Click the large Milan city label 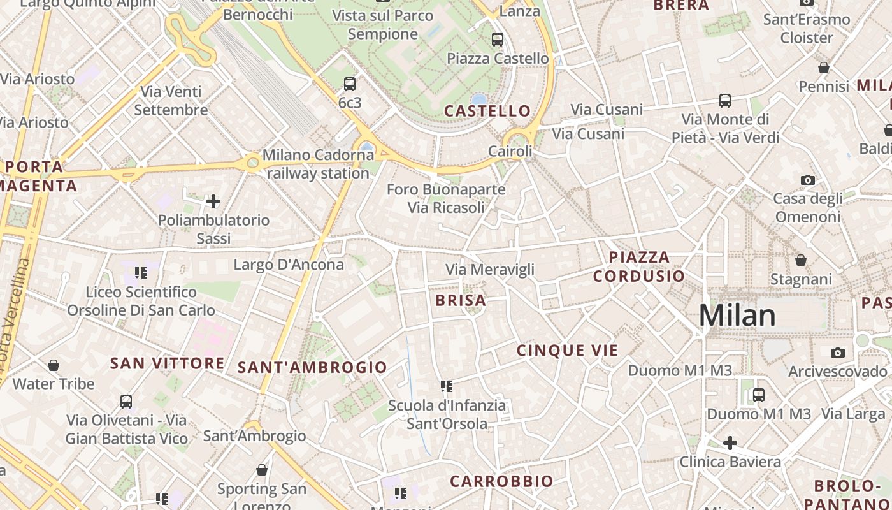pos(737,316)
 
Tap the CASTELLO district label pos(487,111)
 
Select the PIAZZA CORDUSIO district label pos(639,266)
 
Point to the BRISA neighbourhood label pos(461,300)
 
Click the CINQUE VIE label pos(567,350)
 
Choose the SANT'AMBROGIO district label pos(312,367)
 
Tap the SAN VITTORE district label pos(167,363)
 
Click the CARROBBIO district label pos(501,481)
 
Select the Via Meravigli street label pos(490,270)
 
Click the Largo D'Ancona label pos(289,265)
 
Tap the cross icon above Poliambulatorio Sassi pos(213,202)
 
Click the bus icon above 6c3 pos(350,84)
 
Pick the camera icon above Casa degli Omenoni pos(808,180)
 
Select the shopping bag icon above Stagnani pos(801,260)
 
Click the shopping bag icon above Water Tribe pos(54,365)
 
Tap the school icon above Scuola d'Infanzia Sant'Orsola pos(447,386)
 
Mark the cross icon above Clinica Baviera pos(730,442)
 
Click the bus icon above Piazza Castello pos(498,40)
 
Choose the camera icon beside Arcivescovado pos(838,353)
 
